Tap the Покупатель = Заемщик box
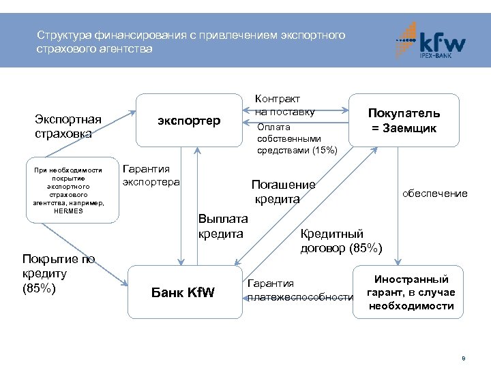coord(404,121)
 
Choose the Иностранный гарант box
coord(408,292)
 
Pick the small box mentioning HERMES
coord(72,190)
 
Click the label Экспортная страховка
coord(68,127)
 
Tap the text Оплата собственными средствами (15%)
coord(297,138)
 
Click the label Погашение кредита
coord(284,191)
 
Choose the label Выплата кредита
coord(222,226)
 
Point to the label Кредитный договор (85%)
coord(341,241)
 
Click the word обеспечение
coord(434,194)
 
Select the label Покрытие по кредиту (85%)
coord(58,273)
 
